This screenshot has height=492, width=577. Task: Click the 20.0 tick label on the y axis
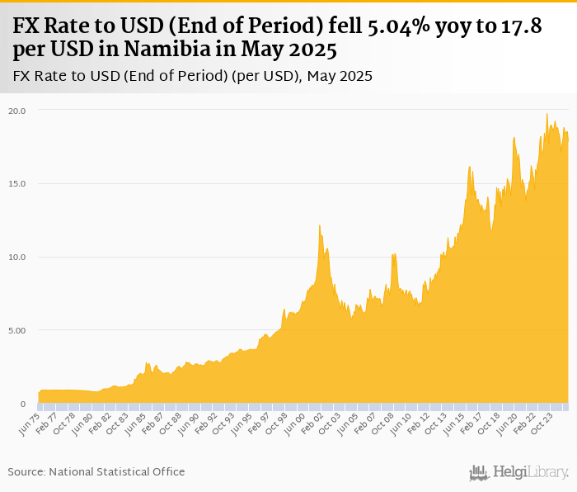tap(17, 110)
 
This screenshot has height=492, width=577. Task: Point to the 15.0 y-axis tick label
tap(17, 183)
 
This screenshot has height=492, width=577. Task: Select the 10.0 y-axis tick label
tap(17, 257)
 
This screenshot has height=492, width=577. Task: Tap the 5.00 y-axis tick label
tap(17, 330)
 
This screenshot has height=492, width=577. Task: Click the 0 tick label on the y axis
tap(23, 404)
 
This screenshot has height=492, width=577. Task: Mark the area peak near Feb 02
tap(320, 226)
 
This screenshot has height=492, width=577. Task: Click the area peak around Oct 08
tap(394, 254)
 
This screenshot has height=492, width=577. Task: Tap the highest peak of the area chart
tap(547, 114)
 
